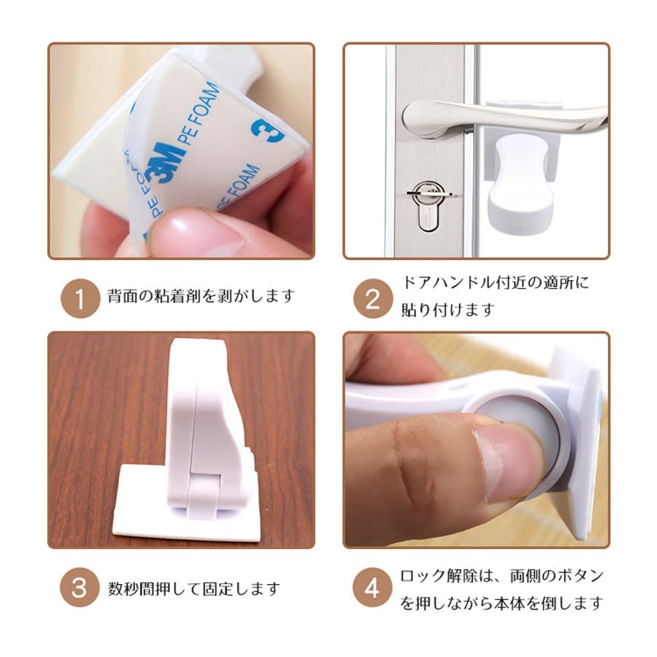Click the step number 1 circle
80,299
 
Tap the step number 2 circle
373,299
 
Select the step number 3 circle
80,588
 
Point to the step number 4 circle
372,588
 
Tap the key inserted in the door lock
429,193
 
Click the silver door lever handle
503,117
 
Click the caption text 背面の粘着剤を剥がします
201,296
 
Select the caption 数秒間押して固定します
194,588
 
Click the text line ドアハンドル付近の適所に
495,283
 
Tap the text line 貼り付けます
448,310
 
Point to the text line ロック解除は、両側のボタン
502,576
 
